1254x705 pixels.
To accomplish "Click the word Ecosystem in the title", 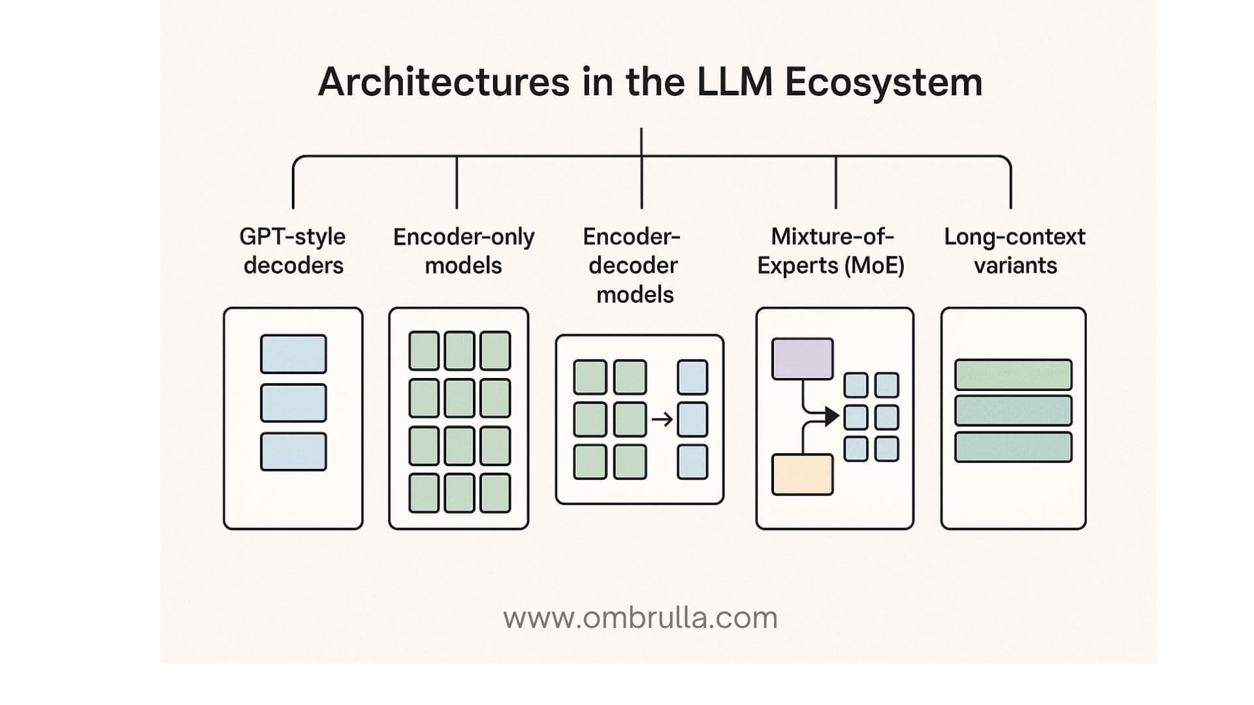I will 883,83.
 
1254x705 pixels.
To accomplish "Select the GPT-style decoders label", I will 293,251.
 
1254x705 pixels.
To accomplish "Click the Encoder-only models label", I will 463,251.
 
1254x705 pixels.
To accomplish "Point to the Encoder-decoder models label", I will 634,265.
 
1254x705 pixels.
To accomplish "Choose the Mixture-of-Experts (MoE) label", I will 831,251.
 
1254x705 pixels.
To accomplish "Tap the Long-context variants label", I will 1014,251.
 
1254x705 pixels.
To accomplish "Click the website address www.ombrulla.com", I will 640,618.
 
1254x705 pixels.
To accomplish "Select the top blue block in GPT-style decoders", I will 293,354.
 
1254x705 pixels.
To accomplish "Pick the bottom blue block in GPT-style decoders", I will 293,452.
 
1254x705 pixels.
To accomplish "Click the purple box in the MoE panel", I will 802,358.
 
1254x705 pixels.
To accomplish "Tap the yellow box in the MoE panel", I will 802,475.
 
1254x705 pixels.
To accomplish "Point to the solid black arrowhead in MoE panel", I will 831,416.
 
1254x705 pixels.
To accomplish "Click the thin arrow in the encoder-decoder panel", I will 662,419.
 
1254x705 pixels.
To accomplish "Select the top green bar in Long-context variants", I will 1013,375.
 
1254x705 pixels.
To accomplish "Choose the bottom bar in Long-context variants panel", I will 1013,447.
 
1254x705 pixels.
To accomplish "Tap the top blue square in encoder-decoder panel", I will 692,377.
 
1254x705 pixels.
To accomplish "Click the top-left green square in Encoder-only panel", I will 424,351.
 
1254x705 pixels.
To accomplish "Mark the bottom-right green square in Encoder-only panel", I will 495,493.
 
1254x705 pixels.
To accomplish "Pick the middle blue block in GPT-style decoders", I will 293,403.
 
